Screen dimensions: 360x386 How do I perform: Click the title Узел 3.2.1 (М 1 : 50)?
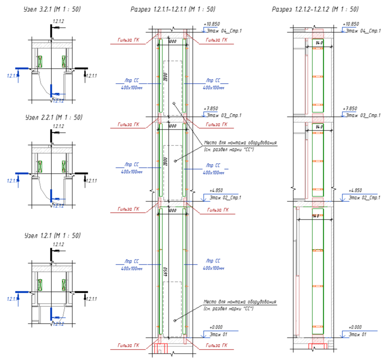[52, 9]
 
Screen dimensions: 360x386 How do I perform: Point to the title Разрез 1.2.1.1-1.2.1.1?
[173, 9]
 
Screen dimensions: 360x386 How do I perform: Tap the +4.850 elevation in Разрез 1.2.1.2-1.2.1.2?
[355, 190]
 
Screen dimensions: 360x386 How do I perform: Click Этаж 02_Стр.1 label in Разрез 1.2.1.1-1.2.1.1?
[226, 198]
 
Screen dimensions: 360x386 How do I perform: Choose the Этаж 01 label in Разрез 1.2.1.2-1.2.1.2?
[357, 334]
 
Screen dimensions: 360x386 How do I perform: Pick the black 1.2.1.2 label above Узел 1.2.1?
[58, 245]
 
